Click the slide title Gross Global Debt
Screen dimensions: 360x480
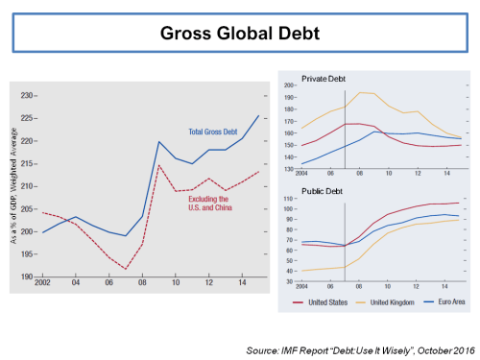[239, 35]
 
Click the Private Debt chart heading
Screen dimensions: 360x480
[324, 78]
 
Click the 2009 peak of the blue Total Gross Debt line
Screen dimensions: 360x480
[158, 142]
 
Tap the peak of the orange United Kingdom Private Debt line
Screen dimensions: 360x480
[361, 92]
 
